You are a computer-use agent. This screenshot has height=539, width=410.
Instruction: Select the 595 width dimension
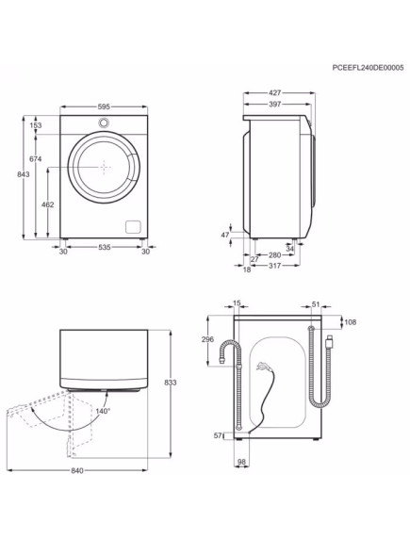point(104,106)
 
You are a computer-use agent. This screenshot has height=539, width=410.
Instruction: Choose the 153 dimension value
point(36,125)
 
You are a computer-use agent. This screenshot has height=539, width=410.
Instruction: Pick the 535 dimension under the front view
point(105,248)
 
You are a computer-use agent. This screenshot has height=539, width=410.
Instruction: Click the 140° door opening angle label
point(102,411)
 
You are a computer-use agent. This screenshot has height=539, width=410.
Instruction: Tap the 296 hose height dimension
point(209,339)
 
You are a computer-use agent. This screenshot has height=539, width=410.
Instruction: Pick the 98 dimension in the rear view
point(241,461)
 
